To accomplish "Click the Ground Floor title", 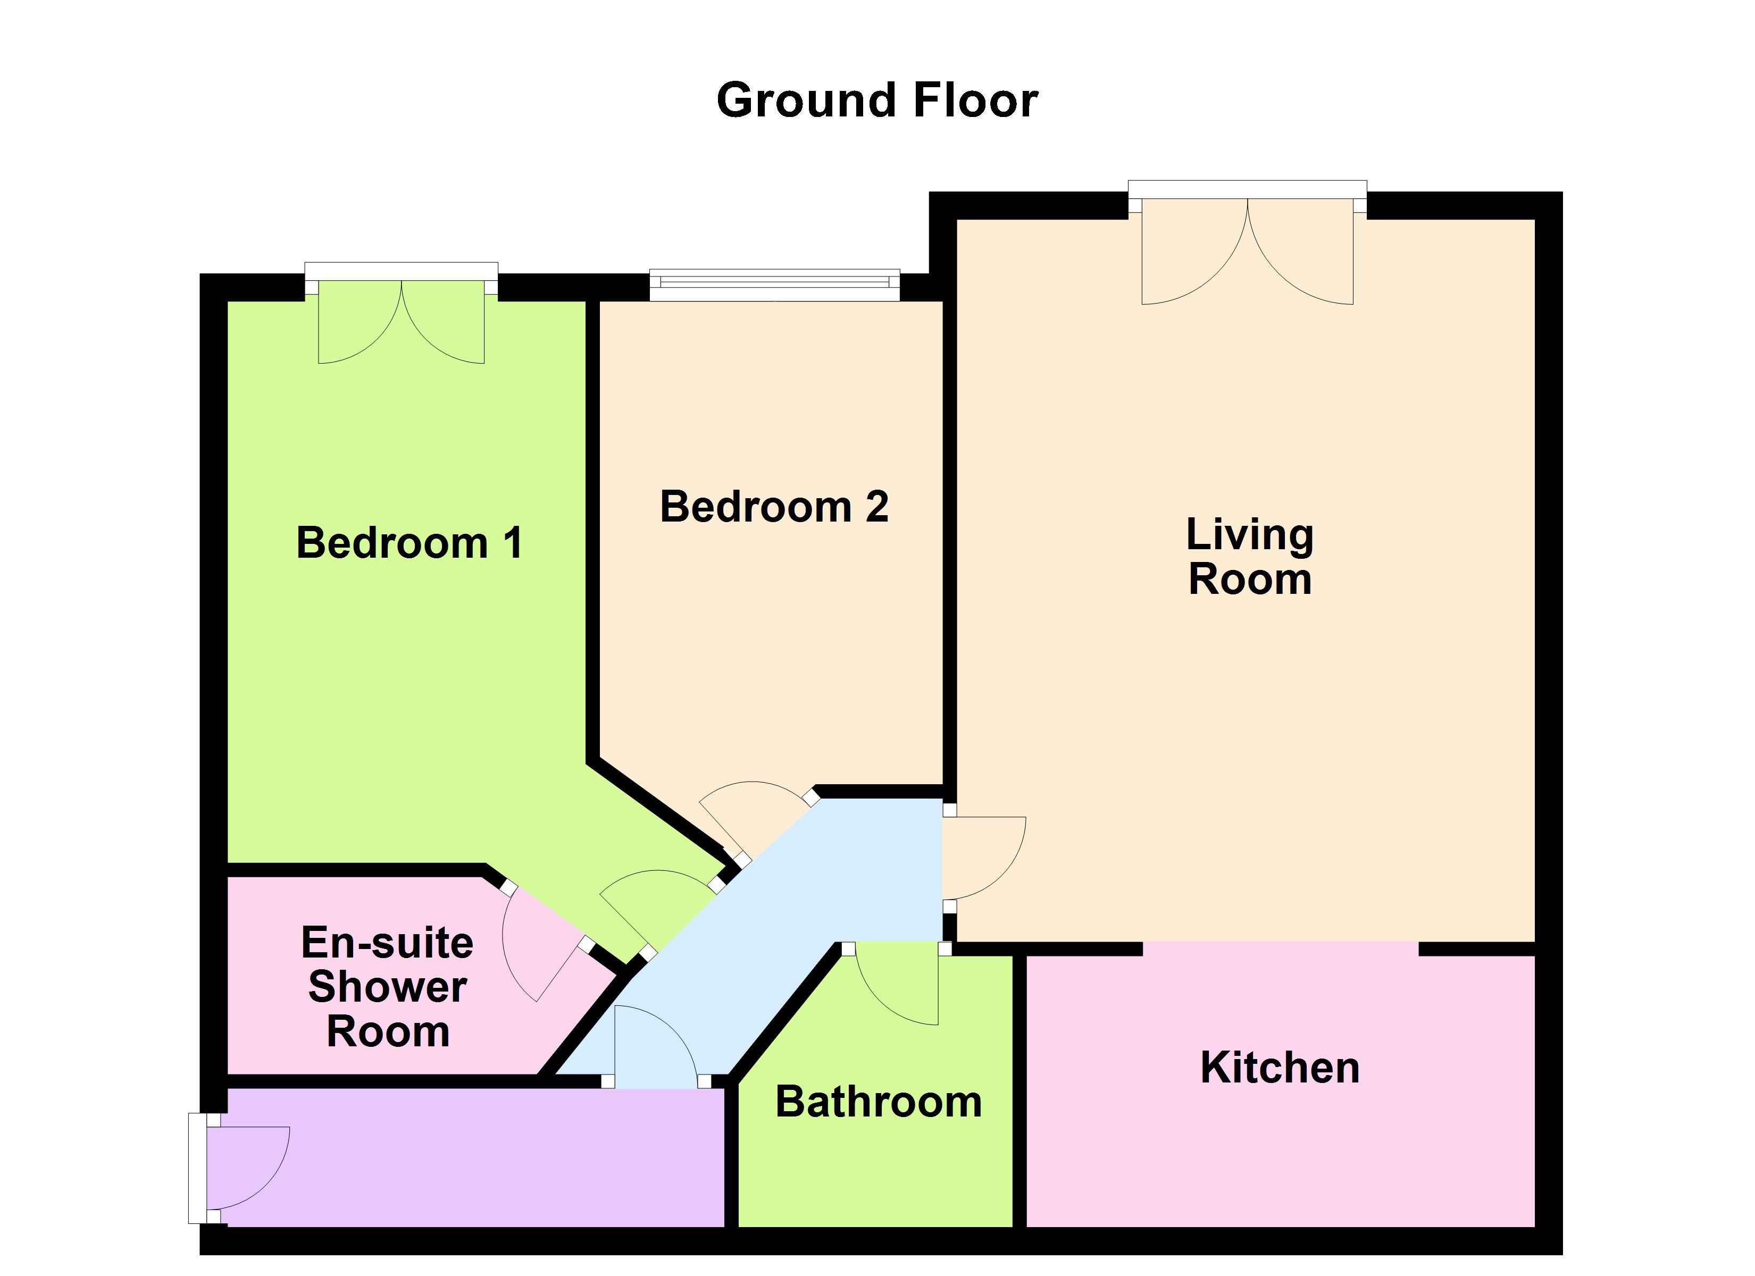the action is pos(877,100).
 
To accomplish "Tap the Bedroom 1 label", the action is pos(410,542).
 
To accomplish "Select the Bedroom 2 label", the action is pos(774,507).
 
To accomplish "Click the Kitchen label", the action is pos(1280,1068).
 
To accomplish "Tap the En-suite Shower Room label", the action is pos(387,987).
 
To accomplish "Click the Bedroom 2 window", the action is pos(774,285).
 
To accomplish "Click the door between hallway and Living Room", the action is pos(984,860).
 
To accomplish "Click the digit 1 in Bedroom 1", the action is pos(513,542).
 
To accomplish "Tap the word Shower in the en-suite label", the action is pos(387,987).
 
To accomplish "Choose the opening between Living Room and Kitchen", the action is pos(1281,948).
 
